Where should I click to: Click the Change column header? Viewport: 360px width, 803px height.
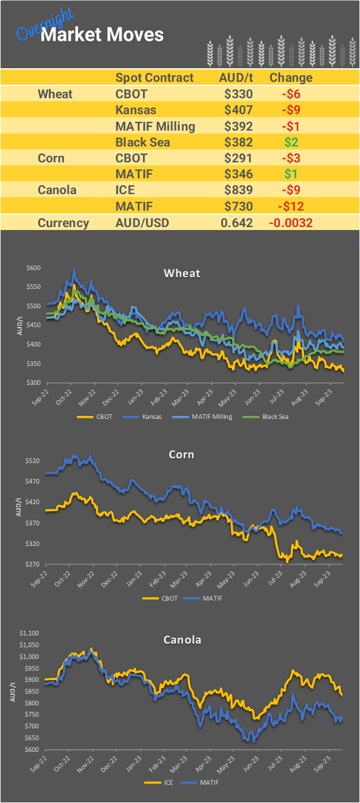tap(291, 78)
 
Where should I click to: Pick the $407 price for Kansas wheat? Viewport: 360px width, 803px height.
tap(238, 110)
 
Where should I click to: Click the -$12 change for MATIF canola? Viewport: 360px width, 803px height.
tap(291, 206)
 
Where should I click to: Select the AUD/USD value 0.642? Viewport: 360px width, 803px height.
tap(236, 223)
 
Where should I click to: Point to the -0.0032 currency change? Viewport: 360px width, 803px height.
tap(291, 223)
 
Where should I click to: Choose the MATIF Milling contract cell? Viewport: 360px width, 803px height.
tap(155, 126)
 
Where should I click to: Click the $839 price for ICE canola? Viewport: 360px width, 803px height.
tap(238, 191)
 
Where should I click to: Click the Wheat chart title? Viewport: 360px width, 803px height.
tap(182, 273)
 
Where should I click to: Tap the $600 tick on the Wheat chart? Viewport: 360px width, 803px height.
tap(34, 268)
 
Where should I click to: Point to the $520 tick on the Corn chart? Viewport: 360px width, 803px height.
tap(34, 461)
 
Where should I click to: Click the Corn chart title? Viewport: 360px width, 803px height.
tap(181, 455)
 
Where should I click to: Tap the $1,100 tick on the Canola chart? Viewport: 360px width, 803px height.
tap(29, 634)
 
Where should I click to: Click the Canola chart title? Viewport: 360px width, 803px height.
tap(182, 639)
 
